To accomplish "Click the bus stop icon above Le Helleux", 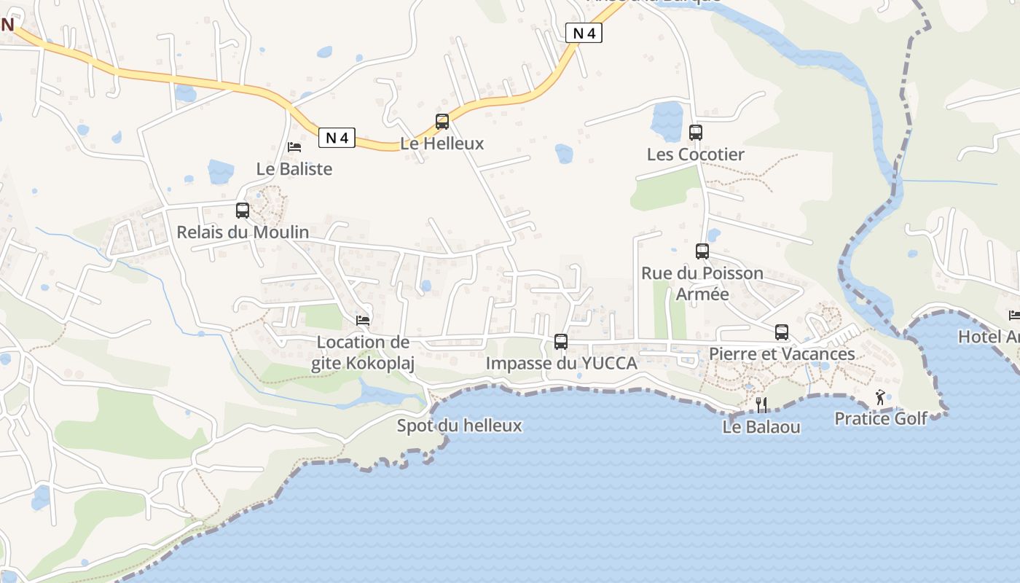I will (x=442, y=122).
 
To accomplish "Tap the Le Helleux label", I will (x=442, y=144).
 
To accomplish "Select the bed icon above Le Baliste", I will (x=294, y=147).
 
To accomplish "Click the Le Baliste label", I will (x=294, y=169).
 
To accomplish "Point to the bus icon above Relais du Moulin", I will (x=243, y=211).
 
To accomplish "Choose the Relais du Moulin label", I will (x=243, y=232).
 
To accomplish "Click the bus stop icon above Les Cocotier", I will (x=696, y=133).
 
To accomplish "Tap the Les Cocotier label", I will (x=696, y=154).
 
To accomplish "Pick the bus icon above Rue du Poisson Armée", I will (x=702, y=251).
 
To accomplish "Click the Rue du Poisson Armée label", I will (x=702, y=283).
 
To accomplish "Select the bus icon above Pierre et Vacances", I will (x=782, y=332).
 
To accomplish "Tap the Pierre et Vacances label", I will (x=782, y=354).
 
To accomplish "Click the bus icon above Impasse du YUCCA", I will (x=561, y=341).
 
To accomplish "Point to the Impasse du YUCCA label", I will (x=561, y=363).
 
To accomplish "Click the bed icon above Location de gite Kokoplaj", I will (x=362, y=320).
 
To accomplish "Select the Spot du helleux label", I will (x=459, y=426).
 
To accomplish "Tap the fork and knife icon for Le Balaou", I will (x=761, y=404).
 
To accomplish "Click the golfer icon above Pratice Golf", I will (x=880, y=397).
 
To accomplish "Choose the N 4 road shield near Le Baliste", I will (x=337, y=137).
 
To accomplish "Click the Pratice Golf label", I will (x=880, y=419).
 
